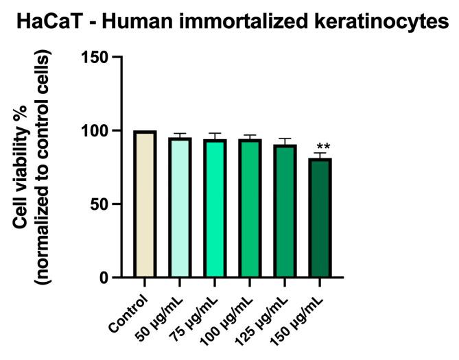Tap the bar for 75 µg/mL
click(x=214, y=208)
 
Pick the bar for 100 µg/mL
click(x=249, y=208)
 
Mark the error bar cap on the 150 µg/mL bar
click(x=319, y=154)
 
